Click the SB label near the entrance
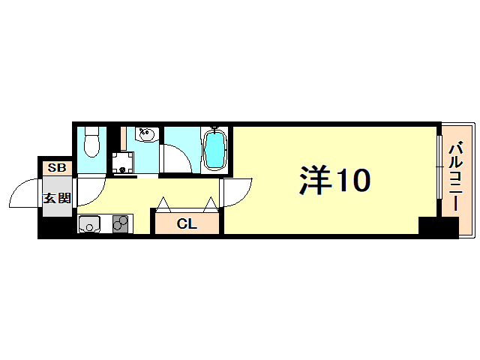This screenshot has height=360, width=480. click(56, 168)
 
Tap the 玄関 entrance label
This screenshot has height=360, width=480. click(56, 198)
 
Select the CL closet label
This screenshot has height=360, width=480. click(187, 223)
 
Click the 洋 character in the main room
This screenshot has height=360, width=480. click(316, 180)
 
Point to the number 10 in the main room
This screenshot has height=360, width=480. click(352, 180)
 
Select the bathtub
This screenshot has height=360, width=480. click(214, 148)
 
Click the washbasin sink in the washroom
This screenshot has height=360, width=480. click(147, 135)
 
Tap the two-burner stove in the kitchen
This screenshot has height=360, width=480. click(120, 223)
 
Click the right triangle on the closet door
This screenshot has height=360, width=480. click(211, 204)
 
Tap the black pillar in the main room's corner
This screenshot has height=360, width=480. click(437, 227)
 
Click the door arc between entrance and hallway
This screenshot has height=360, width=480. click(88, 192)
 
